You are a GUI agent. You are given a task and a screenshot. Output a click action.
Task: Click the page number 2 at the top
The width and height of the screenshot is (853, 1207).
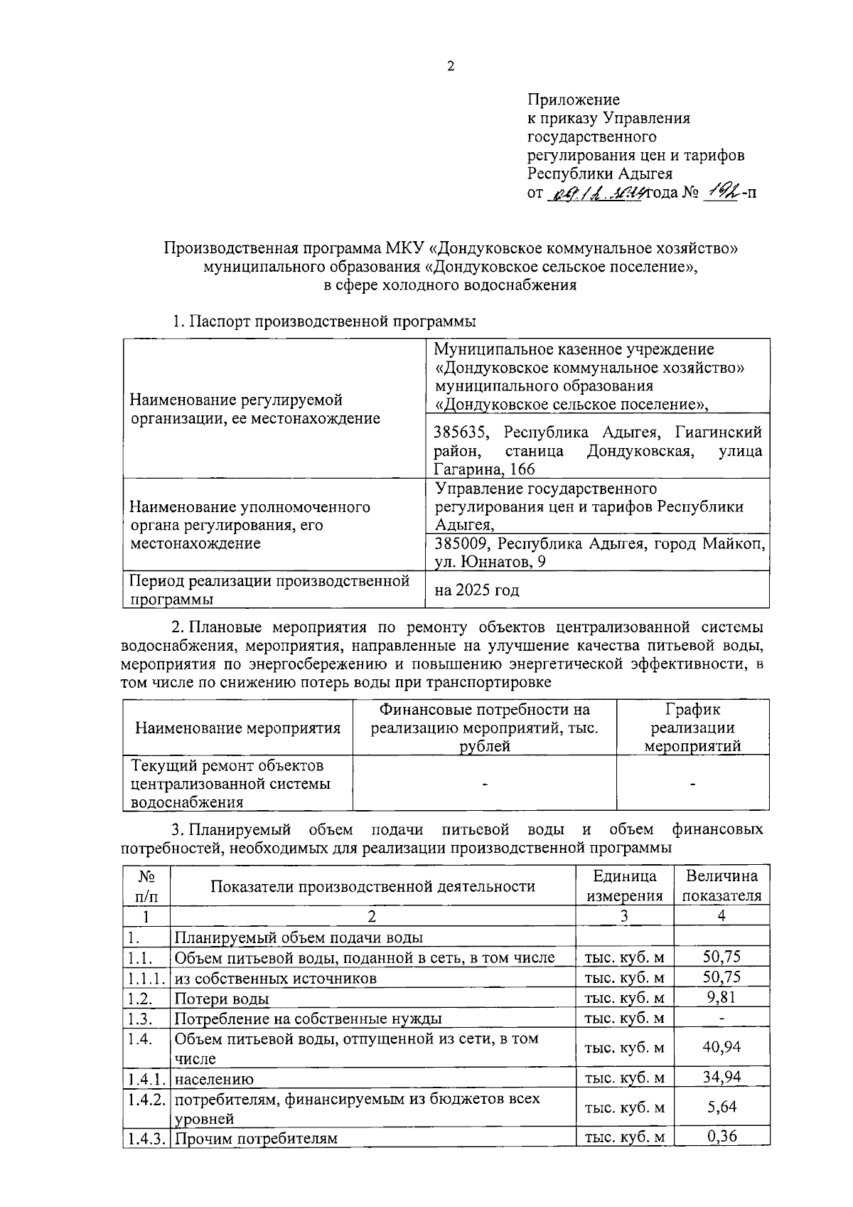coord(449,67)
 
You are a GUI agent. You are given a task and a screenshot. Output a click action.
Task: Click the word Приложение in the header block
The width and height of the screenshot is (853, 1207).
coord(573,100)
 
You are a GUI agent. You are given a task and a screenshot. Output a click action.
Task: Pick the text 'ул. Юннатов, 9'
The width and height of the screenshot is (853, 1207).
coord(490,563)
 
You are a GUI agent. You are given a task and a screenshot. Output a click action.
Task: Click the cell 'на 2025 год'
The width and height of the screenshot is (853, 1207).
coord(477,590)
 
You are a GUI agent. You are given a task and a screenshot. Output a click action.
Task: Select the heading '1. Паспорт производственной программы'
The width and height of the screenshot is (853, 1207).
coord(324,321)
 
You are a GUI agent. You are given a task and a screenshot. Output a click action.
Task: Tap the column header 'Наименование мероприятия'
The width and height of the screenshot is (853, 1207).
coord(237,728)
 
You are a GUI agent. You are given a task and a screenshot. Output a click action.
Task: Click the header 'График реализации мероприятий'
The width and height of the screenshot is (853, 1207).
coord(692,728)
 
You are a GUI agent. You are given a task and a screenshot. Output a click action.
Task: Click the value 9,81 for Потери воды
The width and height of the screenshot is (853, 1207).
coord(721,997)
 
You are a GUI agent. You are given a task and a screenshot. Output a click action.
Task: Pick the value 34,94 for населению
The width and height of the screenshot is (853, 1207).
coord(721,1078)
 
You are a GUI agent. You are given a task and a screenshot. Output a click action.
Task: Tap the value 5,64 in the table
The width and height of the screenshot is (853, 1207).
coord(721,1107)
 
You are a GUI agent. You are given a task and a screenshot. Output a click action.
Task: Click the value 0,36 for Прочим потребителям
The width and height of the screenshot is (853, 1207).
coord(721,1137)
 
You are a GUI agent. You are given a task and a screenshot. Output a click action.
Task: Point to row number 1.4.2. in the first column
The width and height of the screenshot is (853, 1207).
coord(146,1099)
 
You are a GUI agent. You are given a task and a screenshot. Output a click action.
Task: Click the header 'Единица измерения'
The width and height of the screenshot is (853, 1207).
coord(624,886)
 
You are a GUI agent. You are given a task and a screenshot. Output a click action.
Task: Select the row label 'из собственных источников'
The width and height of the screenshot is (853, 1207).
coord(276,979)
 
